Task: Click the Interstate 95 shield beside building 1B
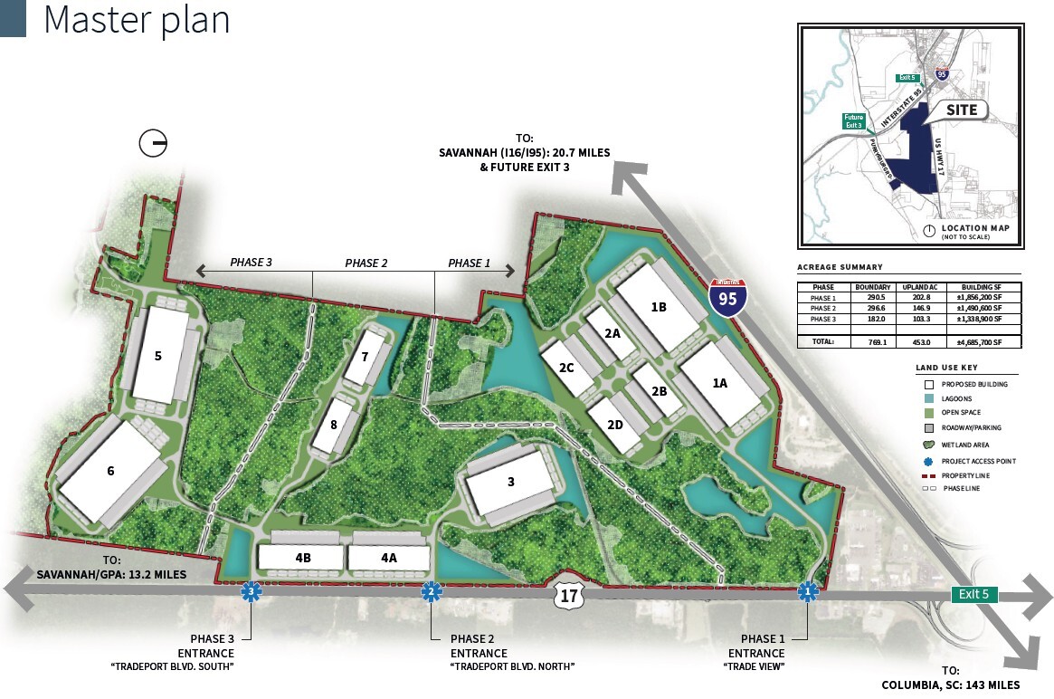(x=728, y=296)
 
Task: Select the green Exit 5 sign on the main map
(x=974, y=595)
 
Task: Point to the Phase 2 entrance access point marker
(x=432, y=592)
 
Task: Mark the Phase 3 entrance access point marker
(x=251, y=592)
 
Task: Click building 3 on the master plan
(x=510, y=483)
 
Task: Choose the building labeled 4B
(x=302, y=558)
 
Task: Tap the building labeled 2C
(x=566, y=368)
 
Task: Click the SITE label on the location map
(x=962, y=110)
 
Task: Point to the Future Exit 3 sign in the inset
(x=854, y=122)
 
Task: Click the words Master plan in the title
(x=137, y=20)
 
